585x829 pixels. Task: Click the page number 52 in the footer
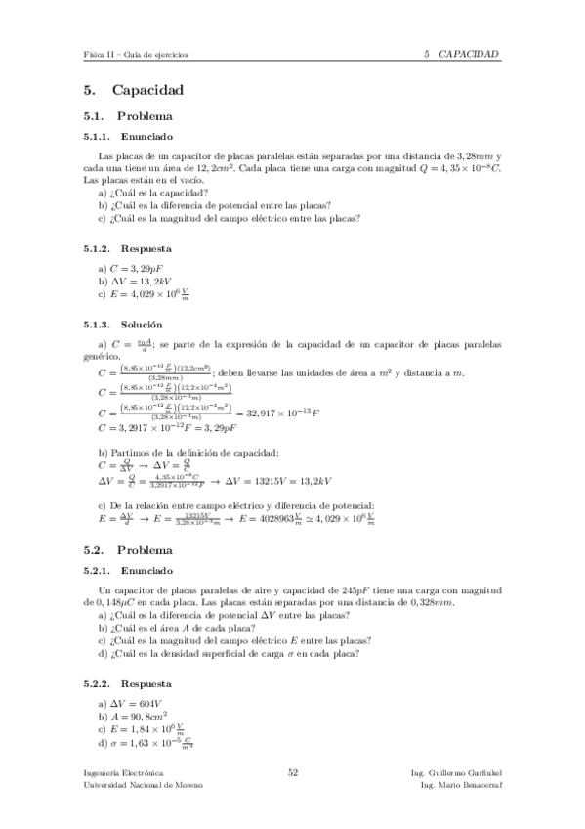292,772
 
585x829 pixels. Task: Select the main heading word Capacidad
147,91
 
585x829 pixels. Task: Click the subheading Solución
142,324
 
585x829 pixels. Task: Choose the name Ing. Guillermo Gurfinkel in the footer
457,772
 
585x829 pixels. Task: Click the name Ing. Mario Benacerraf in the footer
460,785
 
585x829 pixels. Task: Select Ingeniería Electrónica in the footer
124,772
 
